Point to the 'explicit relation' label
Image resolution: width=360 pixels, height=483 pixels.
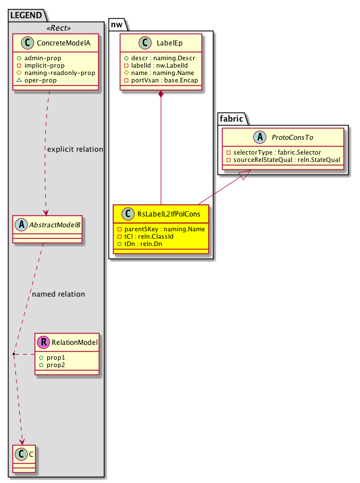pos(75,149)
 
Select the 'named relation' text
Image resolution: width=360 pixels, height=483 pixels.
pos(58,294)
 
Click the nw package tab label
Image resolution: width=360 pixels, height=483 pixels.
pos(117,24)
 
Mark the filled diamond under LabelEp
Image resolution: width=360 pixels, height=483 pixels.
pos(161,94)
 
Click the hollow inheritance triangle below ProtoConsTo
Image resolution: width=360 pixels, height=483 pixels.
pos(242,177)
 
